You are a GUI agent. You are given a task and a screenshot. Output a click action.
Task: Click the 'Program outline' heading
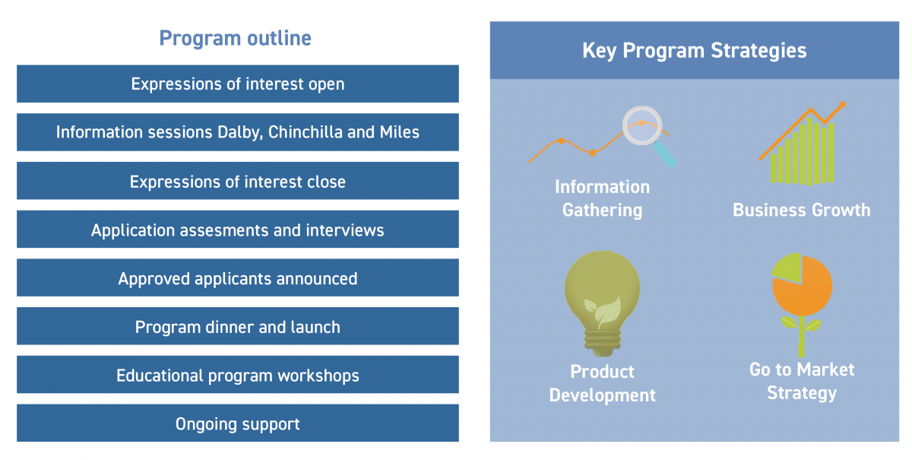(x=235, y=39)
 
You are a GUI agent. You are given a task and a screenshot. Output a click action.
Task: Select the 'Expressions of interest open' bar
(x=238, y=84)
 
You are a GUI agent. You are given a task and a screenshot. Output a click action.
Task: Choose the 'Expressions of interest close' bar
(x=238, y=180)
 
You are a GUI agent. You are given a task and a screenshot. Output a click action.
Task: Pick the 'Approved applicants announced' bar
(x=238, y=278)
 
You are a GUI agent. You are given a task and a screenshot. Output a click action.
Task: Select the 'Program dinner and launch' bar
(x=238, y=326)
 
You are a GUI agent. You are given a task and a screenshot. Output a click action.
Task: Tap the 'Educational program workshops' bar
(x=238, y=374)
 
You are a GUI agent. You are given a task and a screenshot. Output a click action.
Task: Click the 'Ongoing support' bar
(x=238, y=423)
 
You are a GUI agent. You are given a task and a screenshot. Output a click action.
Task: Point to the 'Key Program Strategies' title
(x=694, y=51)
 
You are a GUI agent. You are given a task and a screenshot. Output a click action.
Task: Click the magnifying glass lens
(x=641, y=125)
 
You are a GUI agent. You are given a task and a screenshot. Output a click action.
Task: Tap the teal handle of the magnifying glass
(x=664, y=154)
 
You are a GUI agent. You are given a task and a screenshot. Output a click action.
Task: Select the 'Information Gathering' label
(x=602, y=198)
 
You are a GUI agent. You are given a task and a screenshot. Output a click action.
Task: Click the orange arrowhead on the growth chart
(x=841, y=106)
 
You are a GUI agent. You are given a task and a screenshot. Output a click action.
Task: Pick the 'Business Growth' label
(x=801, y=211)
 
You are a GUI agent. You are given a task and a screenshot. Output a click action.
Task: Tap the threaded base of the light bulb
(x=602, y=342)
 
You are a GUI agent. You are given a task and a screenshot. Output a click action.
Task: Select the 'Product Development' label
(x=602, y=383)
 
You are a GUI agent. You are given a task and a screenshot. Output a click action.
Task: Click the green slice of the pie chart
(x=787, y=268)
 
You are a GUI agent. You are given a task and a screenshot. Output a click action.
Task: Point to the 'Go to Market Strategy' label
(x=802, y=382)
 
